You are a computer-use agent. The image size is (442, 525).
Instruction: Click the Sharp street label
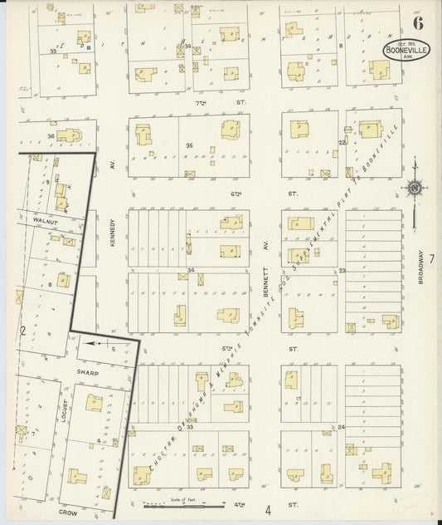(88, 373)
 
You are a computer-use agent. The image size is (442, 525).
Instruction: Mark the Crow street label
(68, 513)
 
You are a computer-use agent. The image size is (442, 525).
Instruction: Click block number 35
(190, 145)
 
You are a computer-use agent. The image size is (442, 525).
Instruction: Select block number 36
(51, 136)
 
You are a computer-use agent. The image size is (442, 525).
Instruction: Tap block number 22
(342, 142)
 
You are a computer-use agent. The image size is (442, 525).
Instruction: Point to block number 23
(342, 270)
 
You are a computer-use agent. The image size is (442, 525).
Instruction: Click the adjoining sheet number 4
(268, 509)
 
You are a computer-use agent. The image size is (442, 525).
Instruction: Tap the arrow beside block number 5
(95, 341)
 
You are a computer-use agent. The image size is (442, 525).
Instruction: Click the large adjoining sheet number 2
(24, 331)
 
